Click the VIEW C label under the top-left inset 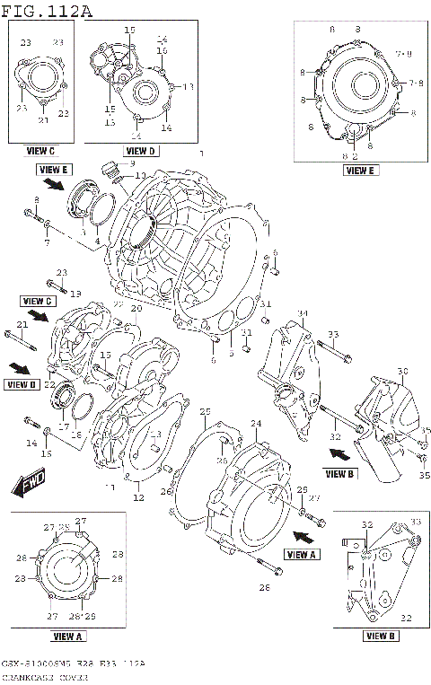click(40, 151)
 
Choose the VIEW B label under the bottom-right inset click(381, 636)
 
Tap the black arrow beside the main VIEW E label click(55, 186)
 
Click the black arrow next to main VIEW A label click(304, 537)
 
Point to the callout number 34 click(303, 313)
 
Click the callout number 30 click(401, 371)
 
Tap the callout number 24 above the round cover click(255, 423)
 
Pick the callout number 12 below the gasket click(138, 497)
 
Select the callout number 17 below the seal click(64, 426)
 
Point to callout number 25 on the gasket click(205, 410)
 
